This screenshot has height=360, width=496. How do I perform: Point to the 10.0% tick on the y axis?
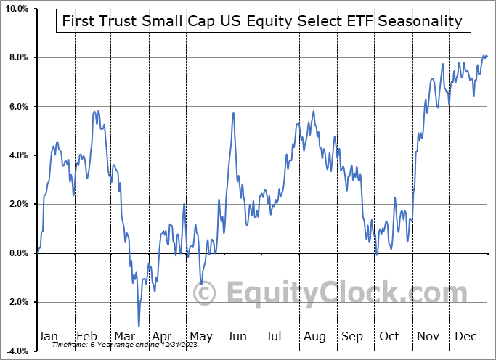15,9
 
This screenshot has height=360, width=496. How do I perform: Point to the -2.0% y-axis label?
16,302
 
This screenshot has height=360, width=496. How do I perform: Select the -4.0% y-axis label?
16,351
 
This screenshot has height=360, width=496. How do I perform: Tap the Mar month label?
123,336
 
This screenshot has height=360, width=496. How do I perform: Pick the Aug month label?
314,336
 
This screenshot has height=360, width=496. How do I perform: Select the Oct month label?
390,336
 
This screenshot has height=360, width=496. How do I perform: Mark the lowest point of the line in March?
139,326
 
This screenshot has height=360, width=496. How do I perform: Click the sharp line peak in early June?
233,112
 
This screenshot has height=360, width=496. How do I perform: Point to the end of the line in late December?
487,56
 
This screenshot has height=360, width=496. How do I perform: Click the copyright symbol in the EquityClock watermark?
205,294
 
